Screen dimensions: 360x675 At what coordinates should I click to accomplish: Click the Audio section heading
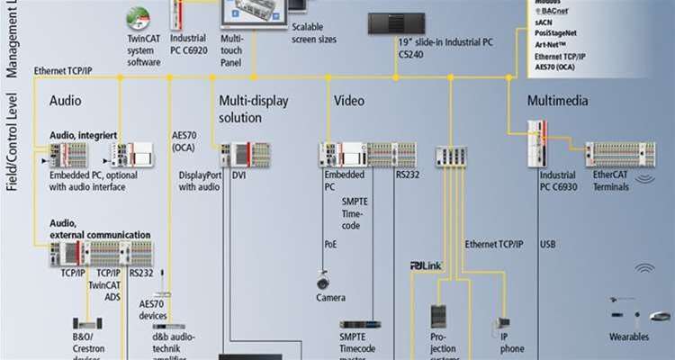tap(67, 102)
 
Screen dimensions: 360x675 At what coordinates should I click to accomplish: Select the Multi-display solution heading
tap(253, 109)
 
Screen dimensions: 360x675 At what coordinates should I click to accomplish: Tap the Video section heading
tap(349, 102)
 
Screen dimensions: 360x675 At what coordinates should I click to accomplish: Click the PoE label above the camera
tap(329, 243)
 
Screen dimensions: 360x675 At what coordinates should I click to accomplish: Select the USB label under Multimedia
tap(548, 243)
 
